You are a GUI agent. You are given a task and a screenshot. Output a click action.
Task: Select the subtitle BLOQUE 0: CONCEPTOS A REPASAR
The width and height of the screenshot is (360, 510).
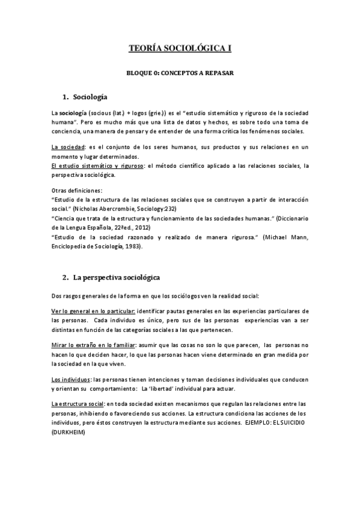tap(180, 73)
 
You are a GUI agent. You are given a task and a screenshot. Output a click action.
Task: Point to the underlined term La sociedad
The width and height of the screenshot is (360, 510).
tap(69, 147)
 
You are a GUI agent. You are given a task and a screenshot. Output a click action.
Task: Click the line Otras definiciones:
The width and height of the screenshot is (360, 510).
tap(77, 191)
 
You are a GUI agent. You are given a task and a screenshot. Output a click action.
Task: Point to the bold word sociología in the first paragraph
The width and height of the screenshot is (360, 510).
tap(73, 113)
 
